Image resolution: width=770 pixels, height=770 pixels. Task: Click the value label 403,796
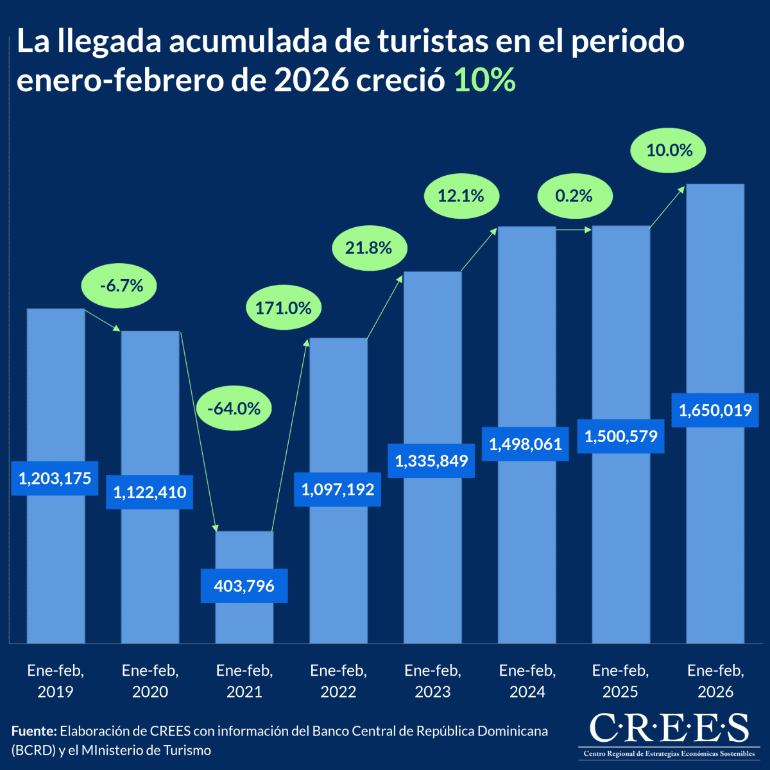click(244, 586)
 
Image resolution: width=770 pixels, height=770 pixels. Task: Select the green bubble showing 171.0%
click(284, 308)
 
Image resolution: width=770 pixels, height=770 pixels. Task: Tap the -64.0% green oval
click(234, 408)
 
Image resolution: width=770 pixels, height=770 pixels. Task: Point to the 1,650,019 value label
click(715, 410)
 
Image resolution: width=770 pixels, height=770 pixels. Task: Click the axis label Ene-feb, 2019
click(55, 681)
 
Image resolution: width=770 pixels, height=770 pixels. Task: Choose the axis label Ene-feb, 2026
click(715, 681)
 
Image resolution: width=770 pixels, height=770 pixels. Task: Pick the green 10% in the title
click(484, 80)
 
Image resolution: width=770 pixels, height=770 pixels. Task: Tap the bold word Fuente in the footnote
click(33, 731)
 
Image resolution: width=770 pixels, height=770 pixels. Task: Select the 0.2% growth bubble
click(574, 196)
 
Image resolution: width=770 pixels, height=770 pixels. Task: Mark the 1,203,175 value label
click(55, 478)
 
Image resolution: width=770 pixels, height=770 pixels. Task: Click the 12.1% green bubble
click(461, 196)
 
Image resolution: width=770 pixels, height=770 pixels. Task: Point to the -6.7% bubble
click(121, 286)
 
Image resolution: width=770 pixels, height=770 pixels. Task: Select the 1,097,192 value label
click(338, 490)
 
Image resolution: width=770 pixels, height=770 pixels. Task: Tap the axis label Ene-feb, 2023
click(432, 681)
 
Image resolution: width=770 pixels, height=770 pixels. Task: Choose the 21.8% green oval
click(369, 248)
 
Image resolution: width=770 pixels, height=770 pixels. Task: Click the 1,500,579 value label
click(620, 436)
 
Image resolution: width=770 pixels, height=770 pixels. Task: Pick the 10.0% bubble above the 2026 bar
click(669, 150)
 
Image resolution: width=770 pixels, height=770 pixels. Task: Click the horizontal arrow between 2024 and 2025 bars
click(574, 228)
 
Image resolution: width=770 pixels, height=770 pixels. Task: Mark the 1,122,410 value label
click(150, 492)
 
